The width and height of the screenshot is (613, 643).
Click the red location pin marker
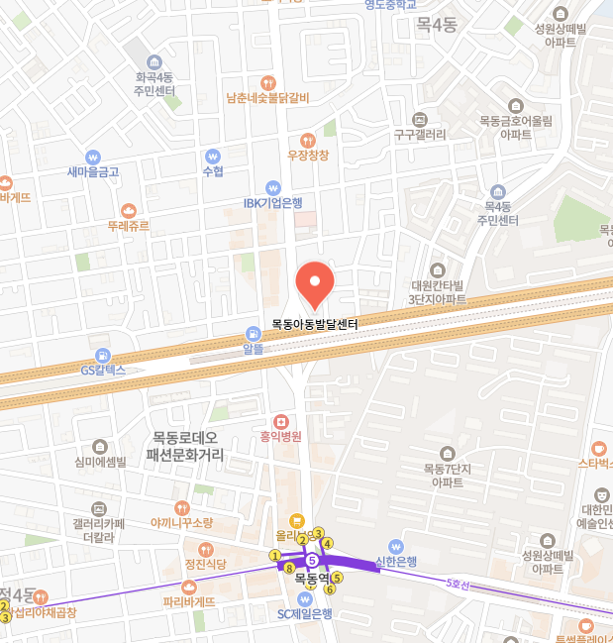coord(316,284)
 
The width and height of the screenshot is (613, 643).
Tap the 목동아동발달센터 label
coord(314,324)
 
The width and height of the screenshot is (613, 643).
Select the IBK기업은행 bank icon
coord(273,187)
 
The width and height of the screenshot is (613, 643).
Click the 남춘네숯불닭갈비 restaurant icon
coord(267,82)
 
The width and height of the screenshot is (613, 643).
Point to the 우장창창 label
coord(307,156)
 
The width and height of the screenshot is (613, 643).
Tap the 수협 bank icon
coord(212,157)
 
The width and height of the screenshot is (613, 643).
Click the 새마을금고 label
coord(93,172)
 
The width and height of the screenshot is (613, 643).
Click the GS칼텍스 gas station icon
coord(103,355)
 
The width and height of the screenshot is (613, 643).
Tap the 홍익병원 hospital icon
coord(279,421)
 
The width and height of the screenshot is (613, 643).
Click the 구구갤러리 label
coord(420,135)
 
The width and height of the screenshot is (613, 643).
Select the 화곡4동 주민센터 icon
coord(154,61)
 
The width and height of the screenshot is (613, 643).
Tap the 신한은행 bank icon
coord(396,546)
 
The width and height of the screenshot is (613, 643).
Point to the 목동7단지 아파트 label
coord(448,476)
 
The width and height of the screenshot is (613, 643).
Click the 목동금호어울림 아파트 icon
coord(516,106)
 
